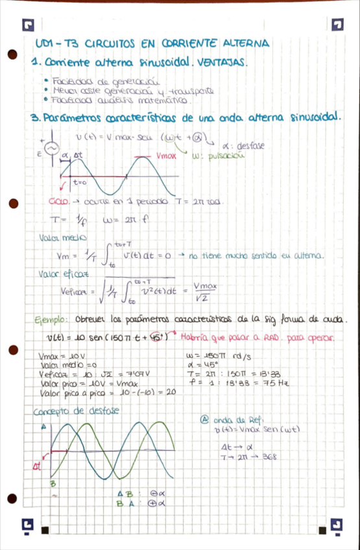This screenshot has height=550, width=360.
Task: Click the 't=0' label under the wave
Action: click(x=80, y=184)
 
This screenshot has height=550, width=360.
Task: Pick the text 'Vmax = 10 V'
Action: click(x=60, y=357)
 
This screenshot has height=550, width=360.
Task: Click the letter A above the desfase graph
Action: click(x=44, y=427)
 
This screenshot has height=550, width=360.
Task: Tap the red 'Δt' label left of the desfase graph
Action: click(x=38, y=465)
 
